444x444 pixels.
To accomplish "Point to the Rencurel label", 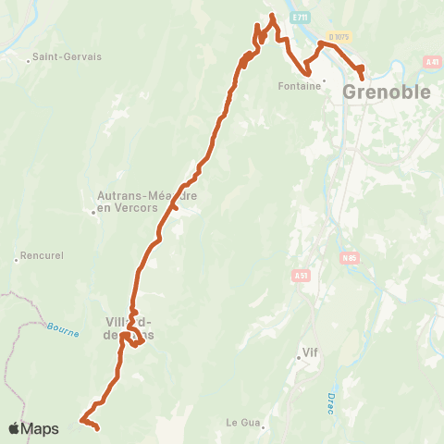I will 41,256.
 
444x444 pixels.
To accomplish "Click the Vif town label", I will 310,353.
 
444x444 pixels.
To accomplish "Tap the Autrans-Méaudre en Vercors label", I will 135,201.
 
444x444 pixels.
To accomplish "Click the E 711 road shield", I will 299,18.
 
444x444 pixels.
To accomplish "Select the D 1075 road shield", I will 339,37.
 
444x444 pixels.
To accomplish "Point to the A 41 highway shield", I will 432,62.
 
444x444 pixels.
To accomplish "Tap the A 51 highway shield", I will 300,275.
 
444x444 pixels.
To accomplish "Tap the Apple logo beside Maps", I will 14,428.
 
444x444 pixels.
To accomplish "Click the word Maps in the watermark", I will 40,428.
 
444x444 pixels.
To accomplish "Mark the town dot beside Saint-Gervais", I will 29,62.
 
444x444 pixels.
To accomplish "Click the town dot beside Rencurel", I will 16,260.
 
